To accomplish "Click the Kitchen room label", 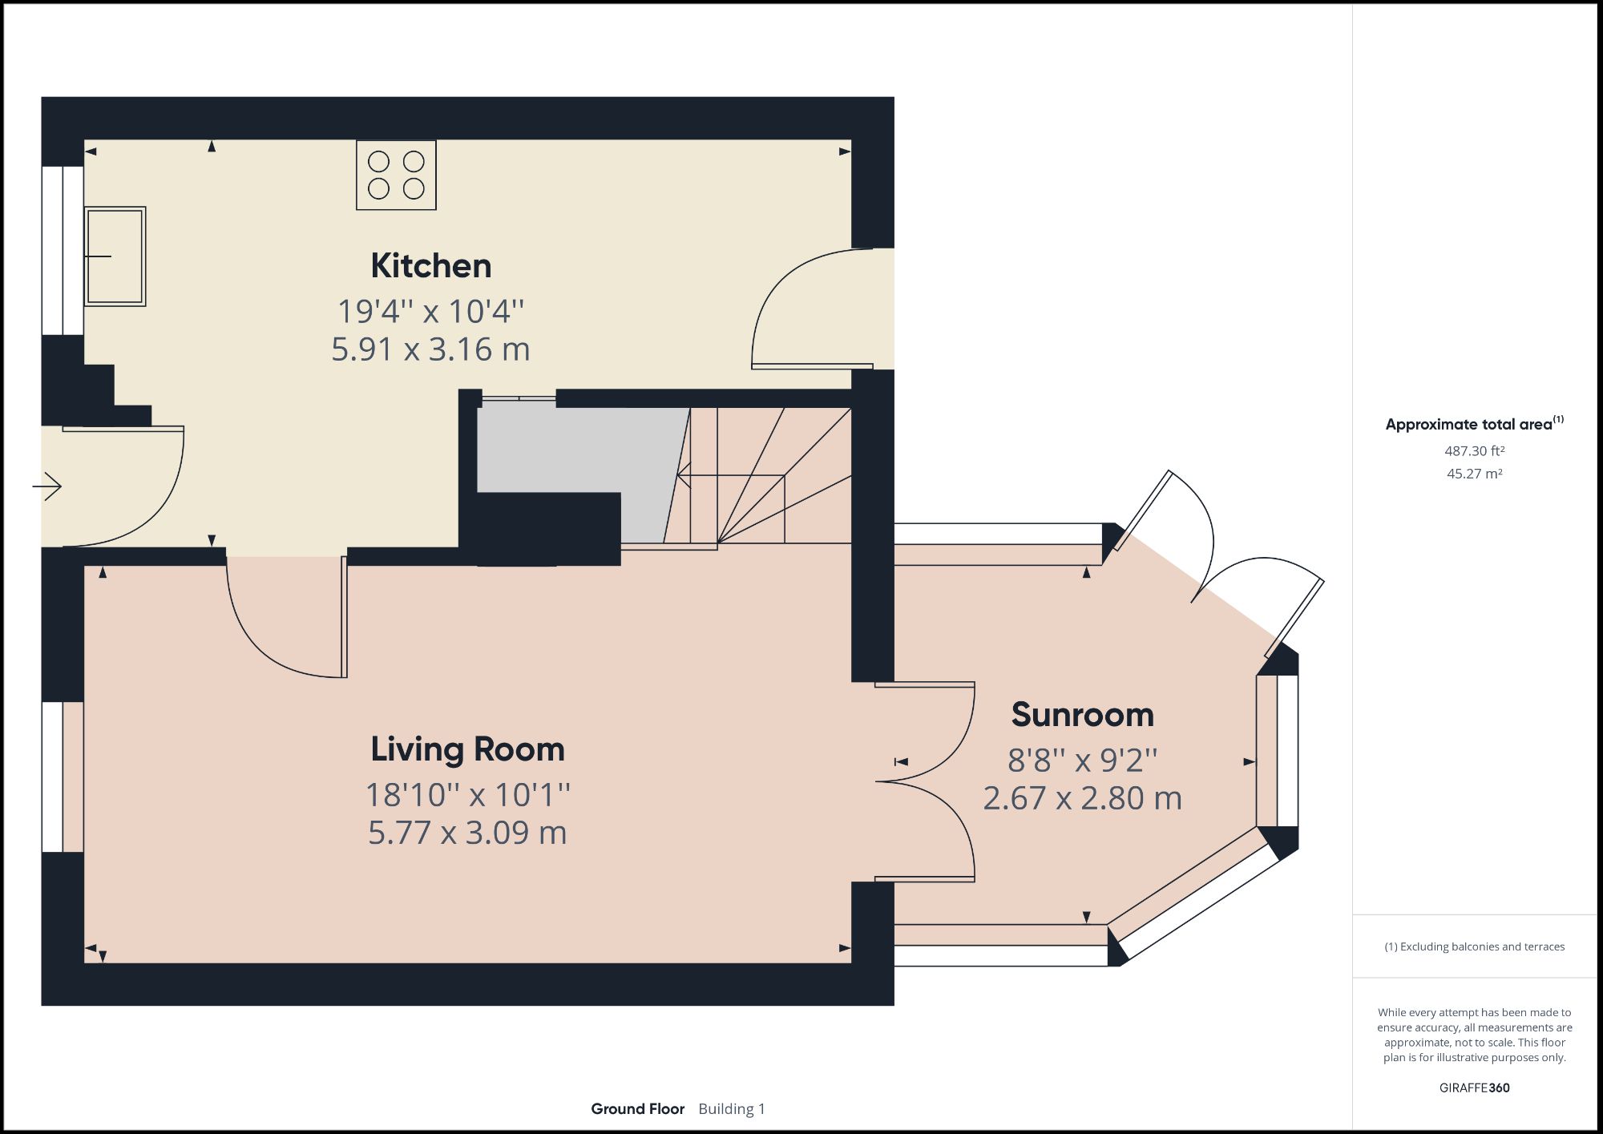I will click(x=430, y=266).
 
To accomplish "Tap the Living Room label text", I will click(x=467, y=749).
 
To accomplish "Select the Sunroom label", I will click(x=1082, y=715).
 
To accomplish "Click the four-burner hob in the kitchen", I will click(x=396, y=175).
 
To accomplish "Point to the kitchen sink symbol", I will click(x=115, y=256).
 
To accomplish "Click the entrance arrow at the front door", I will click(x=48, y=486).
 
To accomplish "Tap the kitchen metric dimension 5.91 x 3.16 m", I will click(x=430, y=349).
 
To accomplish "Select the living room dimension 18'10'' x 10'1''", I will click(x=467, y=795).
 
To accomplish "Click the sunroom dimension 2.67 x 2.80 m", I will click(x=1082, y=798).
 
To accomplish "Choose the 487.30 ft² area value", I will click(x=1474, y=451).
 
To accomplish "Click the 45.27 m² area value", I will click(x=1474, y=474).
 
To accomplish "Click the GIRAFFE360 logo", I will click(x=1474, y=1088).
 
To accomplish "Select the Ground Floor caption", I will click(x=637, y=1109).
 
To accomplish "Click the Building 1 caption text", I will click(x=731, y=1109).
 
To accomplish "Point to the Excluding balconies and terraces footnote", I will click(x=1474, y=946).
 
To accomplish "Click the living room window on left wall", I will click(x=53, y=777).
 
